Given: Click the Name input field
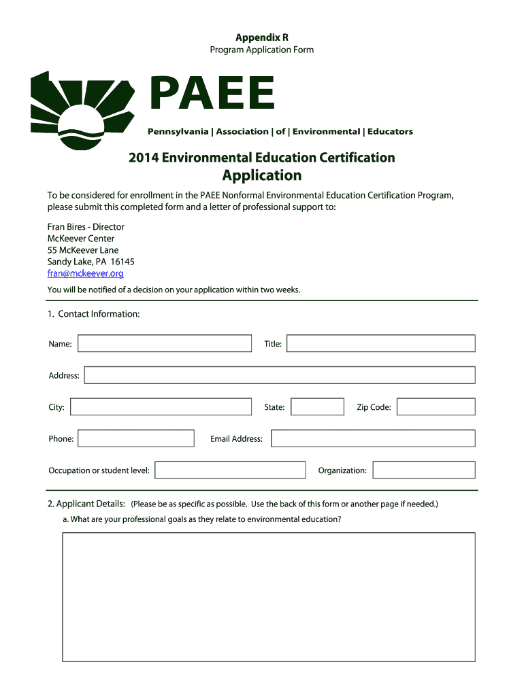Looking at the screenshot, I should (165, 343).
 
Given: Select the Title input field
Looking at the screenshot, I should (380, 343).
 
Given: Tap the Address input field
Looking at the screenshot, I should (280, 375).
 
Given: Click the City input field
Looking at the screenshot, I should (161, 407).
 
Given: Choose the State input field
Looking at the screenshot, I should (317, 407).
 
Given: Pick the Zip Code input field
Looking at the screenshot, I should (436, 407).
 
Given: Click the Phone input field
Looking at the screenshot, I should (136, 438).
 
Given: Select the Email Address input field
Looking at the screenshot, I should (373, 438).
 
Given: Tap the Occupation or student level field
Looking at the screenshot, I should (231, 470).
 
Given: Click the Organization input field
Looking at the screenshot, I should (424, 470).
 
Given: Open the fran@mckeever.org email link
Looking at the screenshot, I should (85, 273).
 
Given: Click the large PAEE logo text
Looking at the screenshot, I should (212, 93).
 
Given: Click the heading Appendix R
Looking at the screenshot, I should (261, 37).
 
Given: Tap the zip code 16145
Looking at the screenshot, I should (122, 262).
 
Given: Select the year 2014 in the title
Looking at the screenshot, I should (144, 158).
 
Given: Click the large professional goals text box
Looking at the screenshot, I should (269, 597).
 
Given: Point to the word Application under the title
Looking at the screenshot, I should (262, 175).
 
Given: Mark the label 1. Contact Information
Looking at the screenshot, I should (94, 314).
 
